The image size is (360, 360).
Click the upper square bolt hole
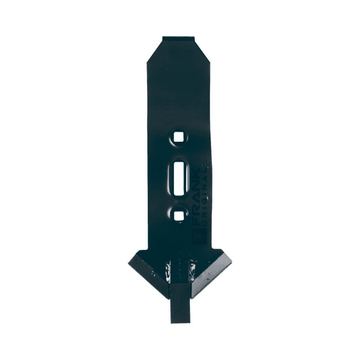tap(179, 137)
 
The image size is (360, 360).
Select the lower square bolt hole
tap(179, 216)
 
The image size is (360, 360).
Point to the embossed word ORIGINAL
tap(205, 191)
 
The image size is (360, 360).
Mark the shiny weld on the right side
tap(192, 270)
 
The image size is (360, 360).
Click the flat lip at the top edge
tap(178, 39)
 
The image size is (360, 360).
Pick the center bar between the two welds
tap(180, 270)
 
